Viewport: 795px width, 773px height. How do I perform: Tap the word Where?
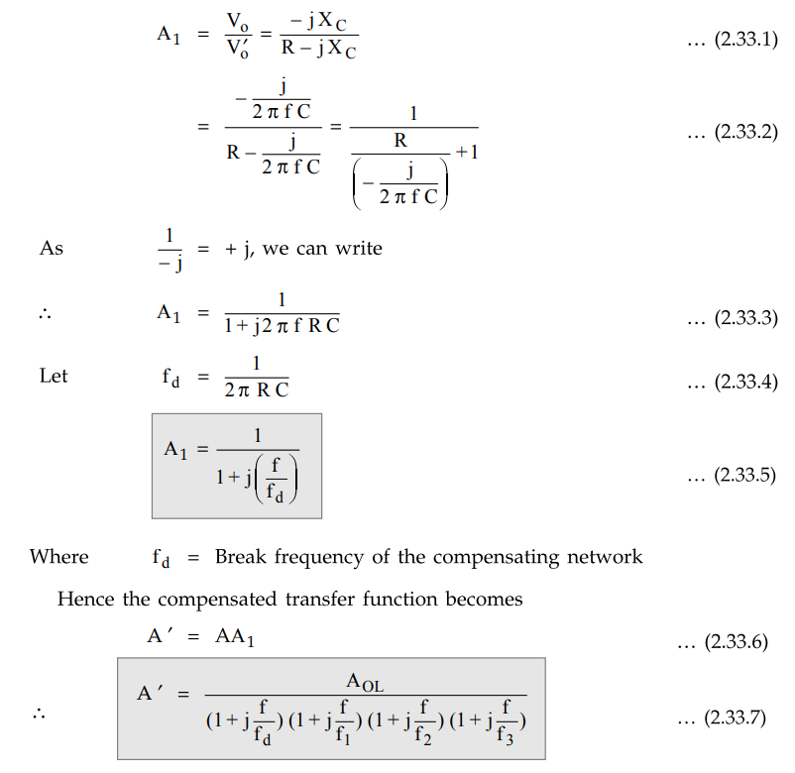click(x=58, y=557)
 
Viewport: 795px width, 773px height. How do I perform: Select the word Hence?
click(x=83, y=600)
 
